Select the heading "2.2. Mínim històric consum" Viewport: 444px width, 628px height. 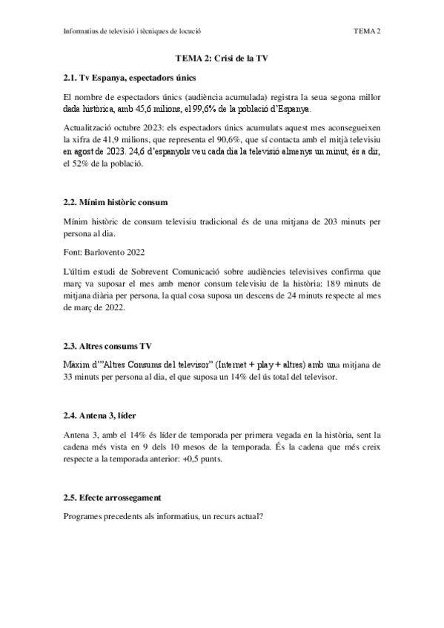click(116, 201)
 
